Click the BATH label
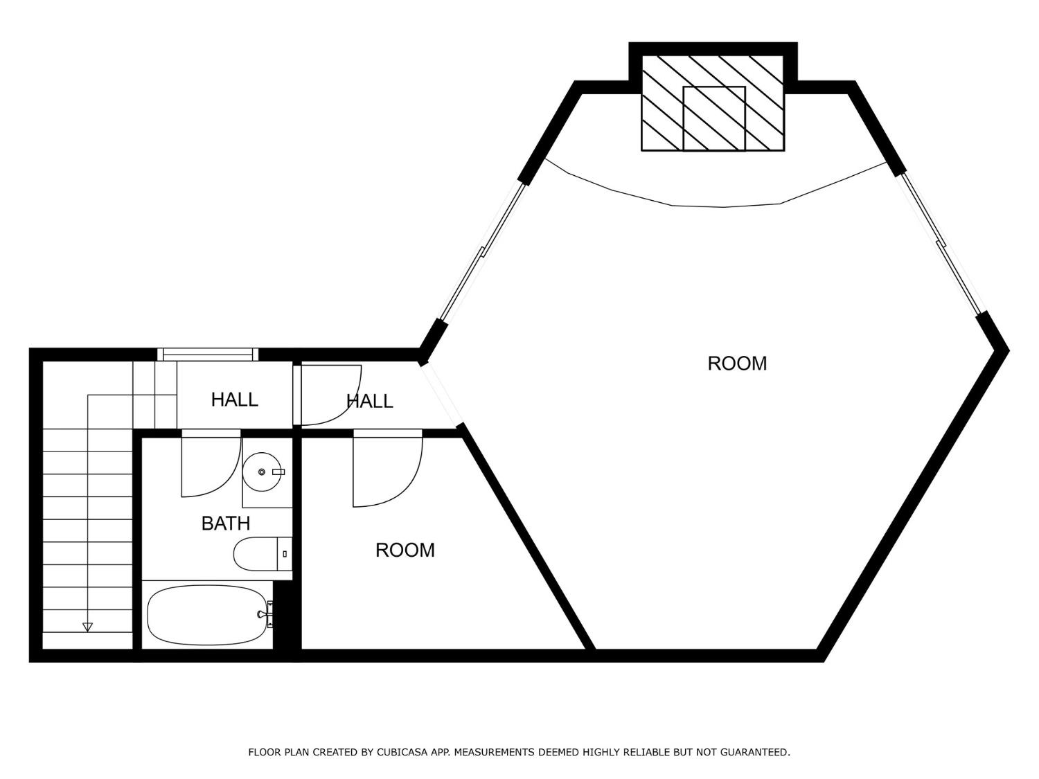(225, 523)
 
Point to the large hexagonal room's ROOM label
(737, 364)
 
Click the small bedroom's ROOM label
(405, 550)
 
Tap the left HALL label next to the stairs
(234, 400)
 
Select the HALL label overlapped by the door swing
(369, 401)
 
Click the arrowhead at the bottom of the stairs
(87, 627)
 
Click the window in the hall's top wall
(208, 355)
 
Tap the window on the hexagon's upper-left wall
(483, 253)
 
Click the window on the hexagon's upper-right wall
(941, 242)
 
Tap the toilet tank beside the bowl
(284, 554)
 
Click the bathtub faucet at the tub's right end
(266, 614)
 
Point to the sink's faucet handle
(278, 472)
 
